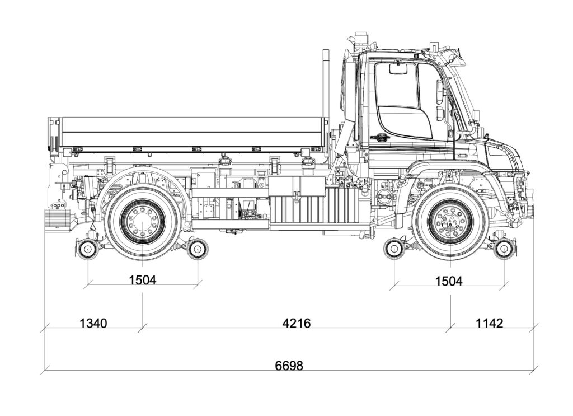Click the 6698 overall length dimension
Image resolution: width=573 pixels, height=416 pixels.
(x=289, y=366)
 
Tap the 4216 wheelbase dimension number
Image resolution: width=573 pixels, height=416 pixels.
(x=297, y=323)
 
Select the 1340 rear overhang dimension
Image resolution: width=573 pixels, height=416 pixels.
(x=93, y=323)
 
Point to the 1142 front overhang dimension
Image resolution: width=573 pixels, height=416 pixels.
(x=489, y=323)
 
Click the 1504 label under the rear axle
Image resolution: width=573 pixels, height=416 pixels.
(x=143, y=280)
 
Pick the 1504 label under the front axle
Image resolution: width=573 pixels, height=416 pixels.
(x=449, y=281)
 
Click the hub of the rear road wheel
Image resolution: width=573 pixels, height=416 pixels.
(x=143, y=220)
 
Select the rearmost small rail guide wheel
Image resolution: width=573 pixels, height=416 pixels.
(x=87, y=249)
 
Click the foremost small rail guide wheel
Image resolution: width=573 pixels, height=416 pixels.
(x=504, y=248)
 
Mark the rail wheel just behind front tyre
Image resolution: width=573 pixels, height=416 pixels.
(x=395, y=249)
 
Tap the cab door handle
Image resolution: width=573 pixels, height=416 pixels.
(x=383, y=136)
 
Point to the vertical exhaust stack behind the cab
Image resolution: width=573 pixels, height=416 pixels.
(x=325, y=84)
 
